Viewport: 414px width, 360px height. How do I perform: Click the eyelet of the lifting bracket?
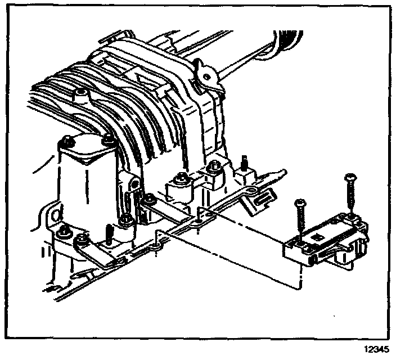click(204, 74)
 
